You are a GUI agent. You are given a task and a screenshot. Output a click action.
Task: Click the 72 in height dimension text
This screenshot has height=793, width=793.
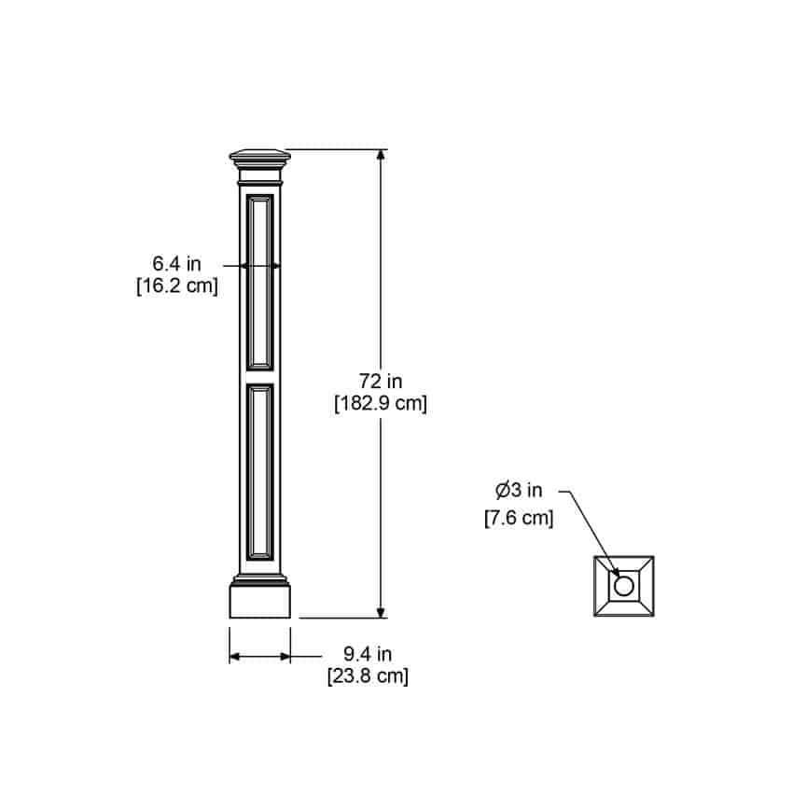coord(381,381)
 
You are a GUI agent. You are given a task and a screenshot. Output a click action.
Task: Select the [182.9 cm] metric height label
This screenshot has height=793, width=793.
coord(381,404)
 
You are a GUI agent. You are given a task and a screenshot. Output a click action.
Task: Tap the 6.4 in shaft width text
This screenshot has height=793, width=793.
coord(176,263)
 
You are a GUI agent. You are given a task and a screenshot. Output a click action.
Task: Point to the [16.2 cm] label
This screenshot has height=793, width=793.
coord(177,285)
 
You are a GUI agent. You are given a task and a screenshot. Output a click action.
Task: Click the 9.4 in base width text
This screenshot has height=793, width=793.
coord(368,654)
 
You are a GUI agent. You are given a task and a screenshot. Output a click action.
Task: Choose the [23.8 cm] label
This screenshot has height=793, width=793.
coord(368,676)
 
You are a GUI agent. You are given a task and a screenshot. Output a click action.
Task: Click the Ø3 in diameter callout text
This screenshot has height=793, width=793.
coord(519,490)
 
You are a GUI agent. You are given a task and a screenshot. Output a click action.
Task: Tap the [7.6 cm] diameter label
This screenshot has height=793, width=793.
coord(519,518)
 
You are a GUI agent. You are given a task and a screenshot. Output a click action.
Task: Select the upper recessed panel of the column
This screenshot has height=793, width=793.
coord(260,282)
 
